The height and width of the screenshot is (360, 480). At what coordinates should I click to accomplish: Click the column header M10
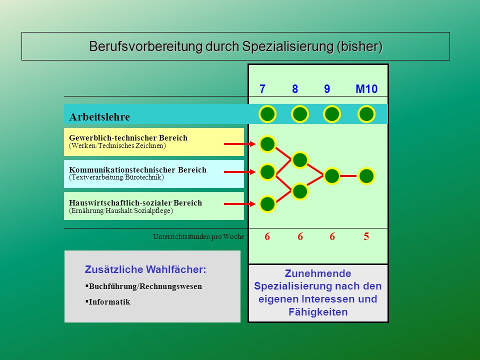(x=366, y=89)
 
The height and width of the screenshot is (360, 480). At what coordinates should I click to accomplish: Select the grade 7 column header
(x=262, y=89)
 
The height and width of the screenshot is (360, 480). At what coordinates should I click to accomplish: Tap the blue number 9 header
(x=327, y=89)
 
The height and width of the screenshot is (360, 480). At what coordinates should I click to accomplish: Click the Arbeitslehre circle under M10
(x=366, y=114)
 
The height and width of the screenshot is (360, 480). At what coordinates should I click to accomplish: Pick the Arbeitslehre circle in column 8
(x=299, y=114)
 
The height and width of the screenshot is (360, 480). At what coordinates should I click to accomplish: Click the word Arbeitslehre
(x=99, y=117)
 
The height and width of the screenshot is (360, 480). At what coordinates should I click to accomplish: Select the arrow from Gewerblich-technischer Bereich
(x=239, y=144)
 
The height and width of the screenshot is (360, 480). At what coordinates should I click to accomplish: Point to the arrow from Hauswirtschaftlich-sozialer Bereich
(x=239, y=204)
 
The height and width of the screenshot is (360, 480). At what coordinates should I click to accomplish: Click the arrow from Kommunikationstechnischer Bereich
(x=239, y=172)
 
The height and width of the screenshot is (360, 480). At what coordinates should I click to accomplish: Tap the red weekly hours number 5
(x=366, y=236)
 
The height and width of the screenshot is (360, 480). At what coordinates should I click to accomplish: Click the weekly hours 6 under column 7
(x=267, y=236)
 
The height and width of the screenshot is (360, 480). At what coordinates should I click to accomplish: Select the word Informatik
(x=109, y=302)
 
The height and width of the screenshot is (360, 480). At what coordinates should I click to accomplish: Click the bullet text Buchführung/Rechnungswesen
(x=145, y=286)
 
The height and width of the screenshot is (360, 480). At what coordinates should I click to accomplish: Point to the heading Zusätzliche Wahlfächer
(x=145, y=269)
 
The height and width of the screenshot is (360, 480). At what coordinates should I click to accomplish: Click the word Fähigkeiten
(x=318, y=312)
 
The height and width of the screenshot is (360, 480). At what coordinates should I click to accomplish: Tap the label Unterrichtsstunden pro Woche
(x=198, y=236)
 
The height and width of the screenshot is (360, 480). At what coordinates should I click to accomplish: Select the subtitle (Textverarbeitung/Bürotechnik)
(x=116, y=177)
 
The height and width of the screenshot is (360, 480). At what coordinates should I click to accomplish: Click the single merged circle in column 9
(x=332, y=176)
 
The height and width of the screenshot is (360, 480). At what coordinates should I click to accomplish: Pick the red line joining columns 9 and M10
(x=348, y=176)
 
